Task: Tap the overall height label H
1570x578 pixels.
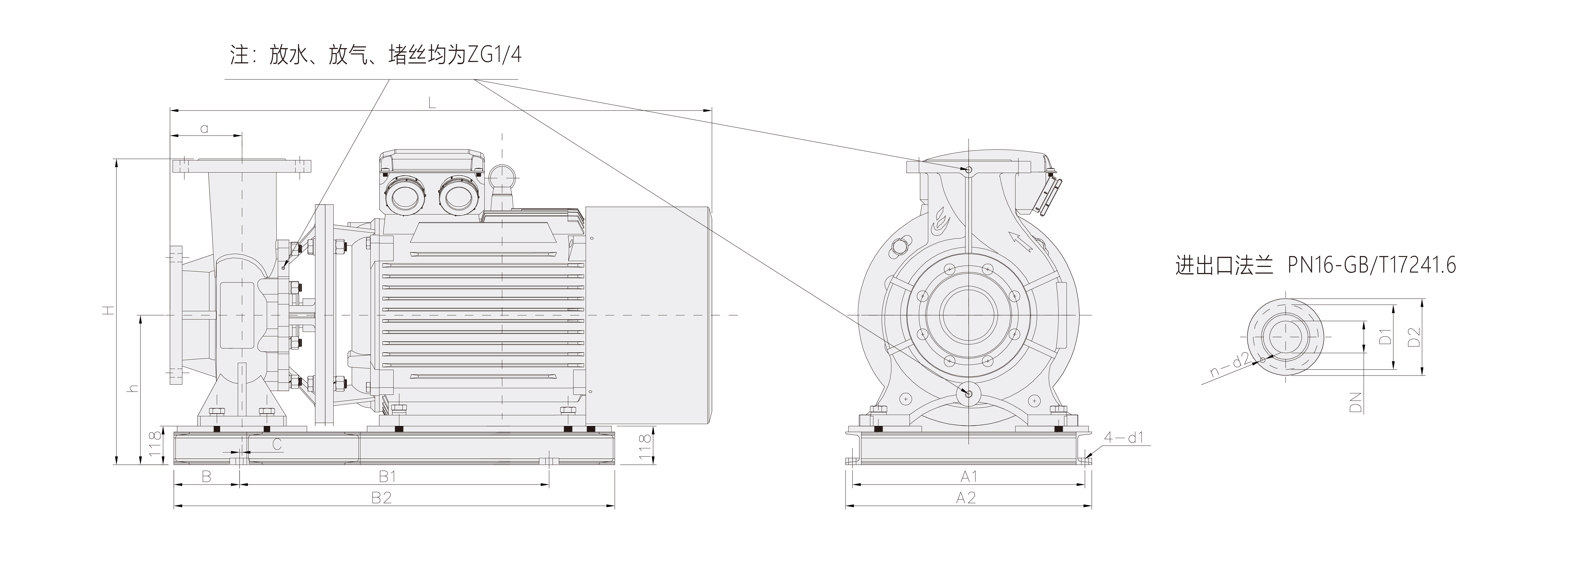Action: click(107, 311)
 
